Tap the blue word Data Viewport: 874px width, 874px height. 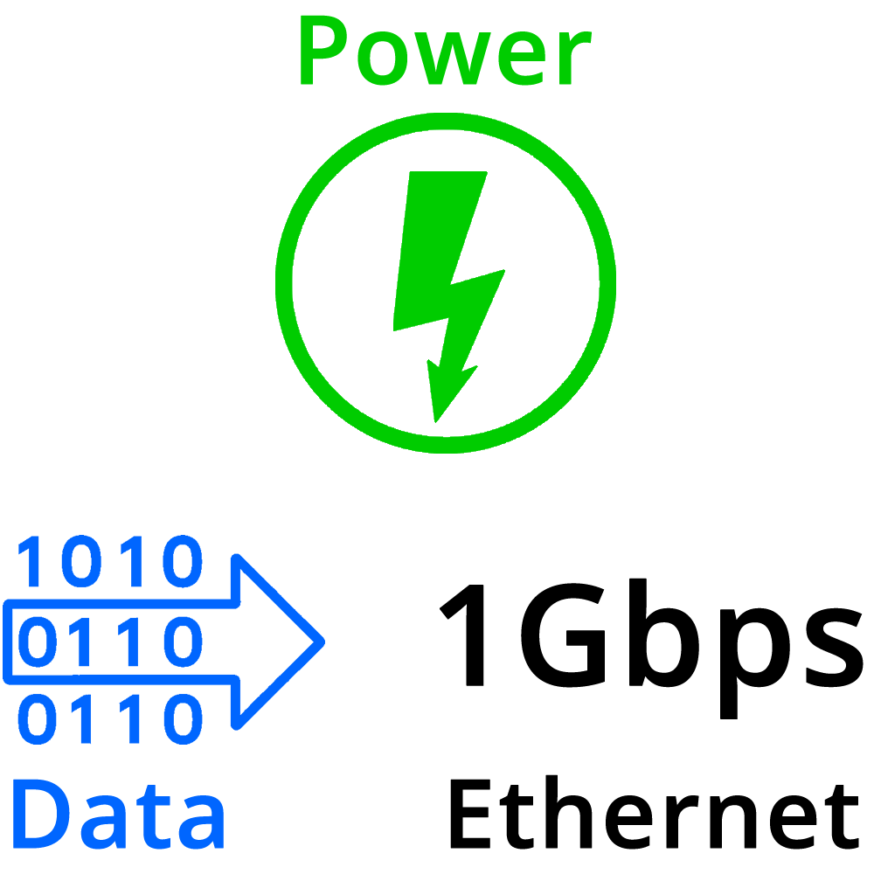point(118,815)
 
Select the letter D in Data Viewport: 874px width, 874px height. point(40,815)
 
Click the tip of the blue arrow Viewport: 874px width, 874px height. point(322,641)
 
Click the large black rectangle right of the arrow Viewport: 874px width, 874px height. point(617,644)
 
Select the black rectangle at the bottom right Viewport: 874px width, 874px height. point(625,817)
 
